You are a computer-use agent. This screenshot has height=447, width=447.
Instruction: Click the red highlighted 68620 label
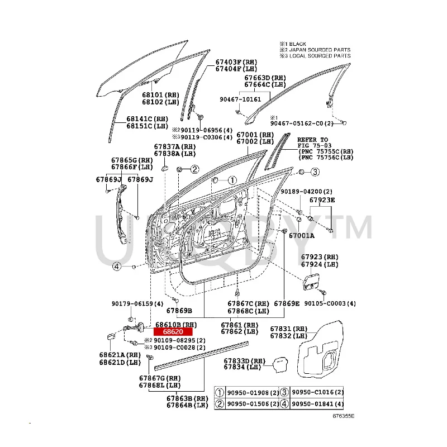173,332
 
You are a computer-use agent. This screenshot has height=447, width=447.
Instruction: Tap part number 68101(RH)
160,95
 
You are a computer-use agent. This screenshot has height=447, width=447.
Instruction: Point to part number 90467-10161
239,99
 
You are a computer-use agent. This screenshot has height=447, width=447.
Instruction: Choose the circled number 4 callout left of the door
116,267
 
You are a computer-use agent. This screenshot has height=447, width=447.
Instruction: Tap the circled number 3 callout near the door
315,172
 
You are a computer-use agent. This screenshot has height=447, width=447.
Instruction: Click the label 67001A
301,236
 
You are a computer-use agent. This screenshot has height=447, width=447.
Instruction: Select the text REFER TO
312,139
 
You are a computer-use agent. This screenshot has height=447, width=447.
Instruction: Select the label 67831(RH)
288,329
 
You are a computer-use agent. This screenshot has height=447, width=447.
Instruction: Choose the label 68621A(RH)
120,355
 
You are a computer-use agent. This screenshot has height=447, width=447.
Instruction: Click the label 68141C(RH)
146,119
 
